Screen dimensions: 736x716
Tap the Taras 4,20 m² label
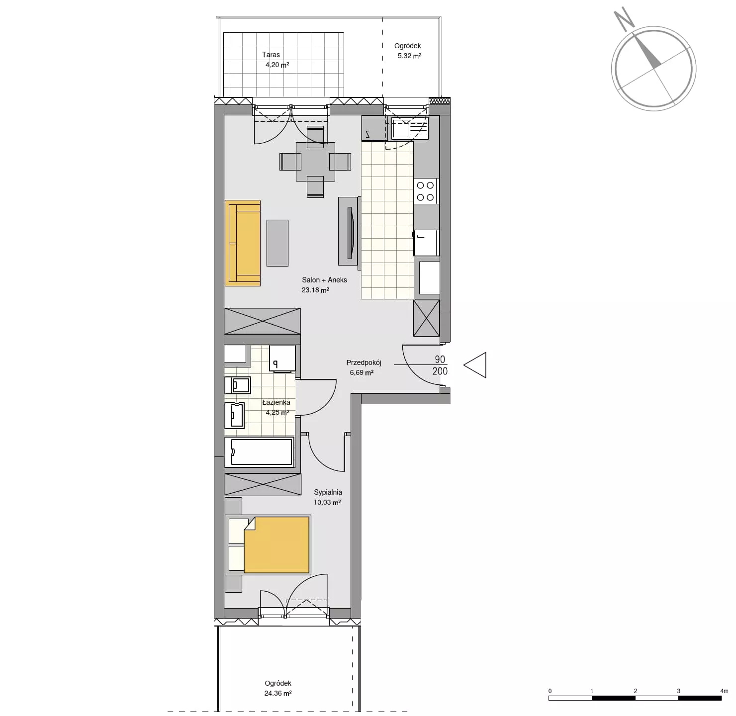(276, 60)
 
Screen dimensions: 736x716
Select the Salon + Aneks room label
(324, 280)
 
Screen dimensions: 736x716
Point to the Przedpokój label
(364, 362)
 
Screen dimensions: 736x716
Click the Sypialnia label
(328, 492)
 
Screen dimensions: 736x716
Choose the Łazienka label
(276, 402)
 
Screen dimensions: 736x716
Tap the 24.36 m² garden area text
(278, 693)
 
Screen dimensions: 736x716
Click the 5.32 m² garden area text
(409, 56)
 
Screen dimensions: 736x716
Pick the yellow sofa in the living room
(243, 243)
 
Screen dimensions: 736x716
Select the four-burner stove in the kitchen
(426, 191)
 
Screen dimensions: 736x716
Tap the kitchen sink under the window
(401, 128)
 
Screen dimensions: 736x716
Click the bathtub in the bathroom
(260, 451)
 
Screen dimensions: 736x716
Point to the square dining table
(315, 162)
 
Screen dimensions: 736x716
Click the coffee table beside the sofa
(277, 243)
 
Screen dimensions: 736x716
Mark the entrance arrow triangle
(475, 365)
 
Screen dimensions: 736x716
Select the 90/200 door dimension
(440, 365)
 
